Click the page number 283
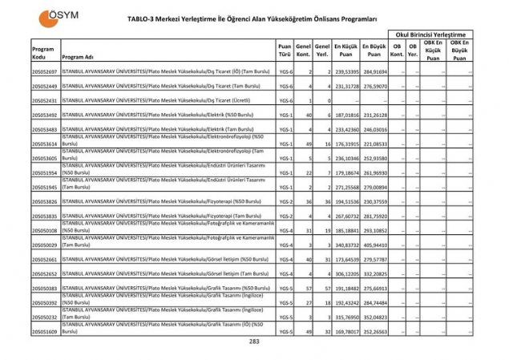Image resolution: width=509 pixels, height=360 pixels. pyautogui.click(x=254, y=341)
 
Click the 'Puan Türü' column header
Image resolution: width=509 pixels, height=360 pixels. pyautogui.click(x=285, y=51)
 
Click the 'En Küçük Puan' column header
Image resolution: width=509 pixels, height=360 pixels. pyautogui.click(x=345, y=51)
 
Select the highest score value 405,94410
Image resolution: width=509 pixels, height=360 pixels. pyautogui.click(x=374, y=244)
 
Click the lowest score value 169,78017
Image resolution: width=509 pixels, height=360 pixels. pyautogui.click(x=345, y=330)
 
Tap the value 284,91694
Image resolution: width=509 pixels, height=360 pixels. pyautogui.click(x=374, y=72)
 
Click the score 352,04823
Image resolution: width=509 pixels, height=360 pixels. pyautogui.click(x=374, y=316)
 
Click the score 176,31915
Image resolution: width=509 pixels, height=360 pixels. pyautogui.click(x=345, y=144)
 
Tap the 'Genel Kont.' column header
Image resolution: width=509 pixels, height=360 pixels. pyautogui.click(x=303, y=51)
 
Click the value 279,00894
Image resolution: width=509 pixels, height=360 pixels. pyautogui.click(x=374, y=187)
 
